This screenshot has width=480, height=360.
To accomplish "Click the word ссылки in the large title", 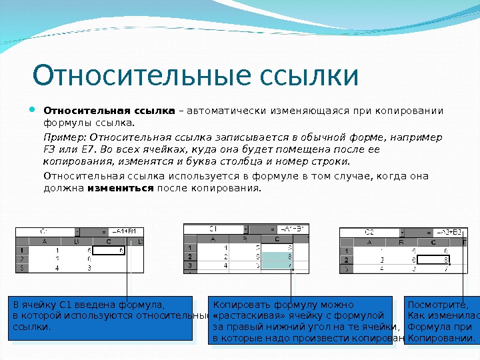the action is (x=313, y=76).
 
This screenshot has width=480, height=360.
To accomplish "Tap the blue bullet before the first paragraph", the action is (x=35, y=109).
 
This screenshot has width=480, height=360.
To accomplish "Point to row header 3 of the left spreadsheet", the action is (x=23, y=268).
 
